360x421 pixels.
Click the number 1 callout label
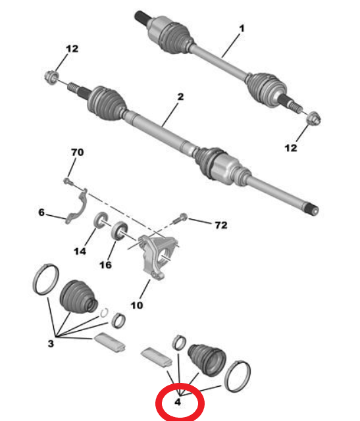point(241,28)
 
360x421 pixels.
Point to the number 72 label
point(221,226)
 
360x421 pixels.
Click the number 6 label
point(41,212)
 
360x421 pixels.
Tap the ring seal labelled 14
point(103,220)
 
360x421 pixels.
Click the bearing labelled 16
point(120,230)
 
